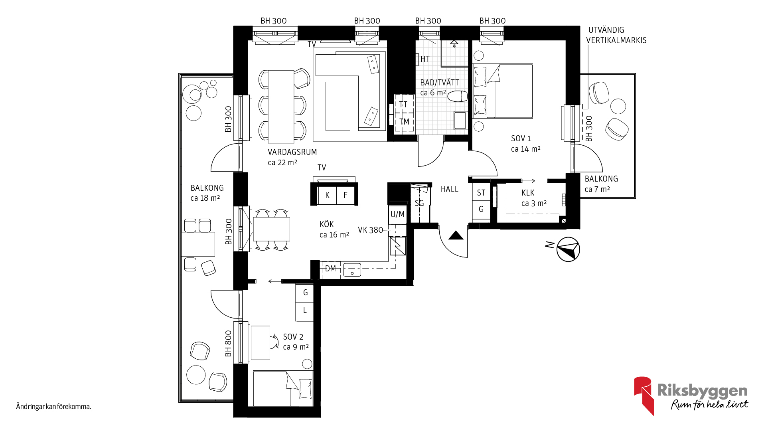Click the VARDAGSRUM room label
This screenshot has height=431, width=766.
(x=292, y=152)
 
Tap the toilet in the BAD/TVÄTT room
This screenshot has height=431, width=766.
(x=458, y=96)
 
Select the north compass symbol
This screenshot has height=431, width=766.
(x=568, y=249)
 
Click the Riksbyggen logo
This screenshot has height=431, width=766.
(x=691, y=395)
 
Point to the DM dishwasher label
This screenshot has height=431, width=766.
(x=330, y=269)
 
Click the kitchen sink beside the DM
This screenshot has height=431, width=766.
(x=352, y=270)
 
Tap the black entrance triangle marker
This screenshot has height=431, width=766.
(x=456, y=235)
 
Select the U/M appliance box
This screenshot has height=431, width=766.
(x=397, y=214)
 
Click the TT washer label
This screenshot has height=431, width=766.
(x=403, y=105)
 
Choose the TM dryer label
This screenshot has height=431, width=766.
(x=404, y=122)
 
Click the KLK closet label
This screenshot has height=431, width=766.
(x=528, y=193)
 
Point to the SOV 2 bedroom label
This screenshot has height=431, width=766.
(x=293, y=337)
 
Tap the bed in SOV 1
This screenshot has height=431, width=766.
(x=503, y=91)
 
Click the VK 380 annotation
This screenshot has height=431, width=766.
(x=370, y=230)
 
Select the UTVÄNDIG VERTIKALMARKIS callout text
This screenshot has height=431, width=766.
(x=616, y=35)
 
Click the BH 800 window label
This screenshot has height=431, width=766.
(x=228, y=344)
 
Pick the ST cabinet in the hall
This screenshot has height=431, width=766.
(x=481, y=192)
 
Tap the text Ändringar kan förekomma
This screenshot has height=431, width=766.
(x=54, y=407)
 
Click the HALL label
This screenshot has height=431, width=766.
(x=450, y=189)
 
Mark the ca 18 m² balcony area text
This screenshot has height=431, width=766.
(x=205, y=198)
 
